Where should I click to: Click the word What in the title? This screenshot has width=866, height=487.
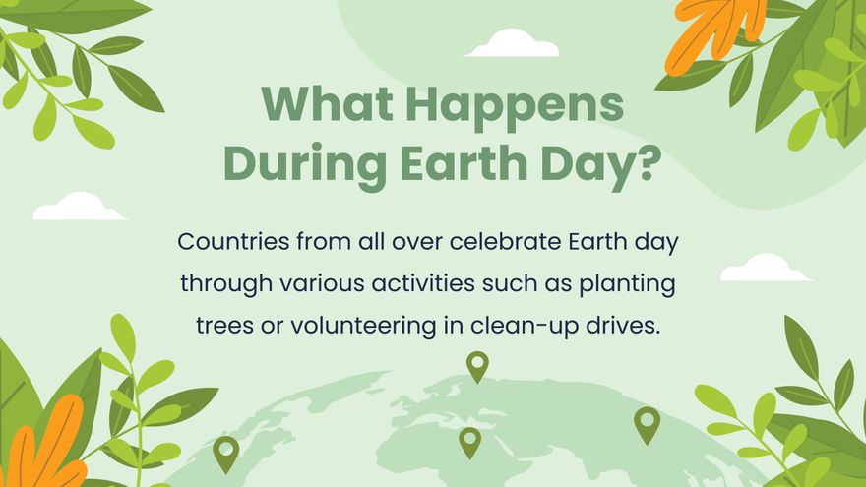tap(319, 104)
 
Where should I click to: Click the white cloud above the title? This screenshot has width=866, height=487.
tap(513, 44)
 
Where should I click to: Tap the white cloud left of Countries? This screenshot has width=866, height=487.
tap(79, 208)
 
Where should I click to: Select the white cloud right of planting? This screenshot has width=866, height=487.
tap(765, 269)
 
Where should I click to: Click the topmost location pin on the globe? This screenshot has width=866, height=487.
tap(477, 365)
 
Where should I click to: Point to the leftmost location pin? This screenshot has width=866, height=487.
tap(226, 452)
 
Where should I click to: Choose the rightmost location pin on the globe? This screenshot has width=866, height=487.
tap(647, 423)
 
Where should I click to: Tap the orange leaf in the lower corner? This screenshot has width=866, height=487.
tap(43, 443)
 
